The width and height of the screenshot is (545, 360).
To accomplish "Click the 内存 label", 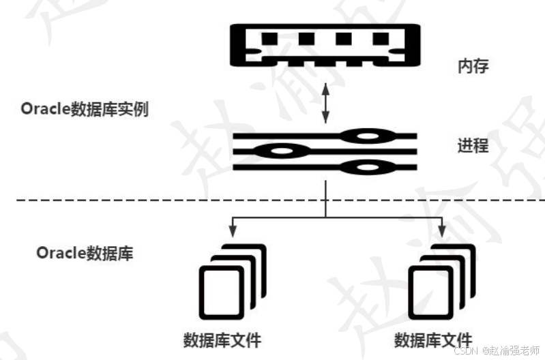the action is click(473, 67).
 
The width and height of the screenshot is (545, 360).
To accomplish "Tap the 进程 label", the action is click(473, 145).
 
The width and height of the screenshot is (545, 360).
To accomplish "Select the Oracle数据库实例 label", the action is click(85, 110).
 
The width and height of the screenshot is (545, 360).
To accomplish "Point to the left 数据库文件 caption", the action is click(222, 340).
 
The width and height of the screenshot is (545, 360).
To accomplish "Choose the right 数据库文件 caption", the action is click(433, 340).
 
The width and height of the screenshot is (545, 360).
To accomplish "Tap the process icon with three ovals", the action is click(325, 151).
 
